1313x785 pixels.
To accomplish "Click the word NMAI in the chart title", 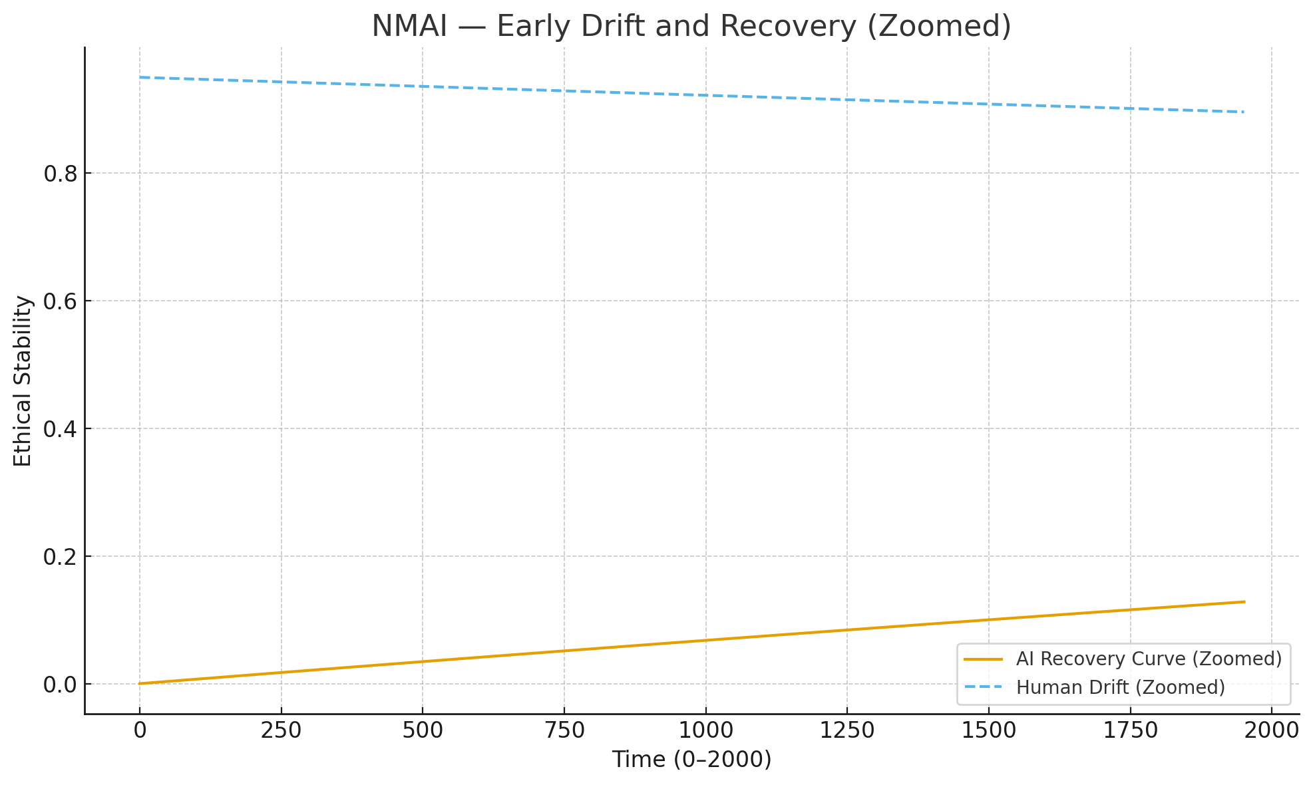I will (409, 27).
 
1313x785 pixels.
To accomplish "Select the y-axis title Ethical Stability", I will (23, 381).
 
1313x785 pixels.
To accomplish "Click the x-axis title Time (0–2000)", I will (691, 759).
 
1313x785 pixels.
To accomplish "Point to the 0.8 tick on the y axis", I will (60, 174).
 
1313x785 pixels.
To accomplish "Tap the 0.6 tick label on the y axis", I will (60, 301).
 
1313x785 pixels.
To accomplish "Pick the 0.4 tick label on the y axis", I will (60, 429).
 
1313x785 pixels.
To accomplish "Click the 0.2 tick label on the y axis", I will (60, 557).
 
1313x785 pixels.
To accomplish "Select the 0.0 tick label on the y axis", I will (60, 685).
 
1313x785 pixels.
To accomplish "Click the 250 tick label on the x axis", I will (281, 730).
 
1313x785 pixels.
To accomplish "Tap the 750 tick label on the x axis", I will (564, 730).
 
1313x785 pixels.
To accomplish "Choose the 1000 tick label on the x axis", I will (705, 730).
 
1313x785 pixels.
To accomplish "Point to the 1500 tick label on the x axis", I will (988, 730).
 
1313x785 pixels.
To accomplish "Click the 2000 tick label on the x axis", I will (1271, 730).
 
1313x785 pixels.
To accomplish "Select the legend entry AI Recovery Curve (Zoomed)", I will (1149, 659).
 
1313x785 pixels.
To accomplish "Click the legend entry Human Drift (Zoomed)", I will (1121, 687).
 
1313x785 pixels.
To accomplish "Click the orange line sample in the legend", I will (983, 659).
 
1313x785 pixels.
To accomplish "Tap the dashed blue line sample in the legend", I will (983, 687).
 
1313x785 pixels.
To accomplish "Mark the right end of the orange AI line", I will (1244, 602).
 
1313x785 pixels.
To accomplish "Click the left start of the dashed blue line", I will (140, 77).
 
